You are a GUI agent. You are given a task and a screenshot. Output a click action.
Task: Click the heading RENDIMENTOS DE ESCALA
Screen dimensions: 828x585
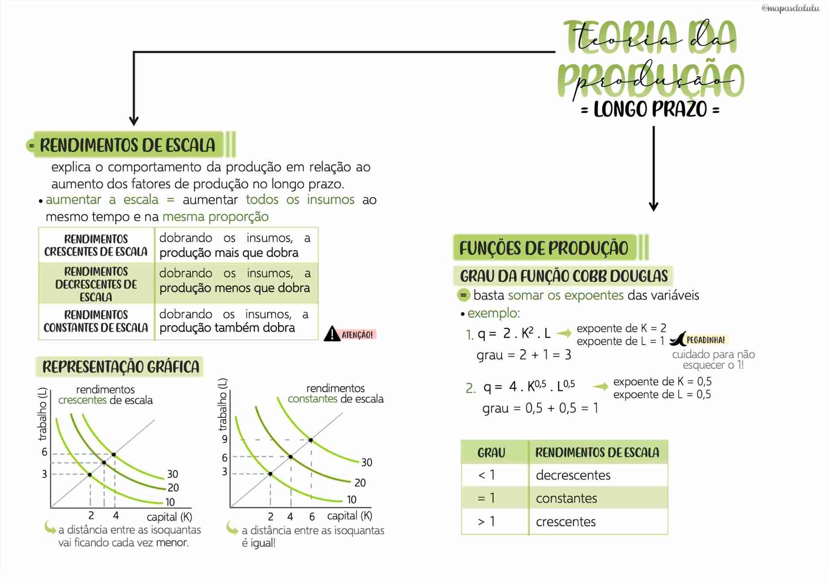coord(128,145)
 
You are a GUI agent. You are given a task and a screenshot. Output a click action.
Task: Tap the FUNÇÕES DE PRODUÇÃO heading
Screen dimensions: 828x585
coord(544,248)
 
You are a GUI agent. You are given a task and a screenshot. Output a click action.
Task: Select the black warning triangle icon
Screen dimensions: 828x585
coord(332,334)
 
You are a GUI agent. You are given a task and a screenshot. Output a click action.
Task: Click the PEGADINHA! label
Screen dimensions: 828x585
coord(705,340)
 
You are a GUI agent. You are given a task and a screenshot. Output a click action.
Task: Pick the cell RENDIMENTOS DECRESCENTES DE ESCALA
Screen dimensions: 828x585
coord(96,284)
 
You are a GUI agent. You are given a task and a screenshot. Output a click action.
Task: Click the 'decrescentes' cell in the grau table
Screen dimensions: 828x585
coord(573,475)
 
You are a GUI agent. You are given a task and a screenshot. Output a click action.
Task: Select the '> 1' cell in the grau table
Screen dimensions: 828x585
coord(486,522)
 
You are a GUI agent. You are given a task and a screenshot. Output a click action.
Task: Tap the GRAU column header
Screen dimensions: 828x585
coord(491,453)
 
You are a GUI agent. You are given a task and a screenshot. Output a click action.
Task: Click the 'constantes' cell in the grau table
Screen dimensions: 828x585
coord(566,498)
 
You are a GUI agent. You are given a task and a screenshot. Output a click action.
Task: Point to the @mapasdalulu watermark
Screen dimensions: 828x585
coord(790,8)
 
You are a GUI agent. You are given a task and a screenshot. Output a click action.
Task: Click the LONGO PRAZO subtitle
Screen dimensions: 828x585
coord(650,109)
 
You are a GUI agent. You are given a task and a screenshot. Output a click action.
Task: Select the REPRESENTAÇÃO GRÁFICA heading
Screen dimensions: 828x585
coord(121,367)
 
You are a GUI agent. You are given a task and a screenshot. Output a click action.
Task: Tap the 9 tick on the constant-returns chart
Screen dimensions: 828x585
coord(225,439)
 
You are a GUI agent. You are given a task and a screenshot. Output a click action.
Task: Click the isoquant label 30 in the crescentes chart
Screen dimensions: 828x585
coord(172,474)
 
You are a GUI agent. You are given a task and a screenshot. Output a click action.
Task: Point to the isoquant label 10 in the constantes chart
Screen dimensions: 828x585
coord(351,500)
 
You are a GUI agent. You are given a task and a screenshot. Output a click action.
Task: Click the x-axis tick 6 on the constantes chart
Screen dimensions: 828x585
coord(312,516)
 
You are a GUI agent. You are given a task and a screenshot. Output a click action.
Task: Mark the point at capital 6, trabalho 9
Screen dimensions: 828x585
coord(311,440)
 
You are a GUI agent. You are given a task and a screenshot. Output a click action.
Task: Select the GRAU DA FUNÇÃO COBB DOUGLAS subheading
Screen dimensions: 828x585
coord(564,276)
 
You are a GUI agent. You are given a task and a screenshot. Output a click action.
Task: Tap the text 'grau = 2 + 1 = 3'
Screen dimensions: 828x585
coord(524,355)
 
